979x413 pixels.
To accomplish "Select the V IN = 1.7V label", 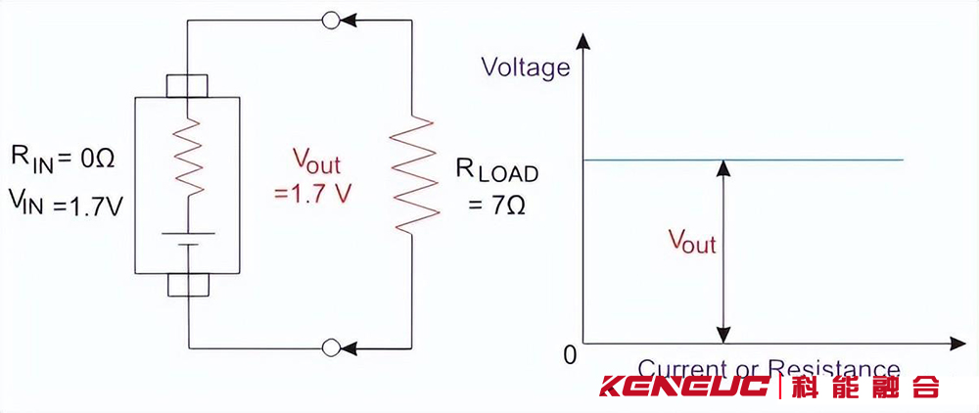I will (x=67, y=206).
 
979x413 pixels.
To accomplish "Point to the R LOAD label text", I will (x=496, y=172).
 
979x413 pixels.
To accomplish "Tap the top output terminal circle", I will (x=331, y=19).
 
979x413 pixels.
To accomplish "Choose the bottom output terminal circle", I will (x=331, y=345).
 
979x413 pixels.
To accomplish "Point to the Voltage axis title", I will (x=526, y=69).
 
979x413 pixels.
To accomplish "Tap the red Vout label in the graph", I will (x=692, y=241).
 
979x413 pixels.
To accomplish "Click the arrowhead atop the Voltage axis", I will (x=583, y=41).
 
